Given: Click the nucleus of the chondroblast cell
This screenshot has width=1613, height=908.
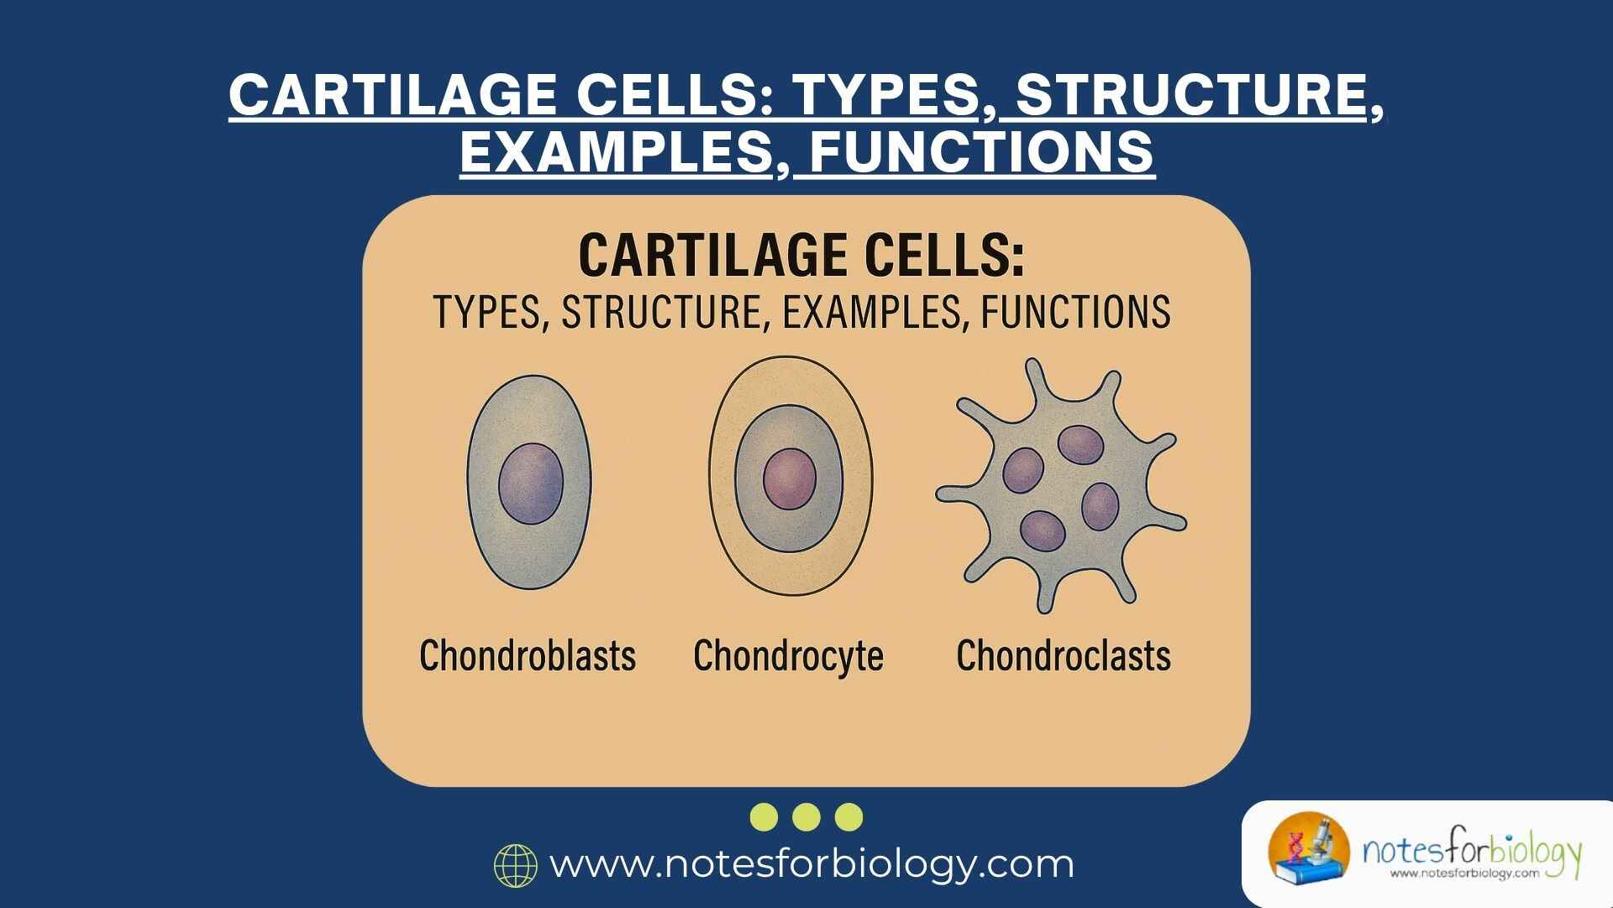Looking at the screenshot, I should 531,483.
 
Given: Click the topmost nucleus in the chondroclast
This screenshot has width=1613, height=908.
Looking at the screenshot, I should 1080,445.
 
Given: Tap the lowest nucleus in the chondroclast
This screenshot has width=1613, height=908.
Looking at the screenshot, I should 1043,531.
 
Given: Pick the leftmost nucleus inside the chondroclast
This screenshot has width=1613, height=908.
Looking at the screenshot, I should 1023,470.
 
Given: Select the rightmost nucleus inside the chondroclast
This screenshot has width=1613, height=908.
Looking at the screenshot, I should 1100,506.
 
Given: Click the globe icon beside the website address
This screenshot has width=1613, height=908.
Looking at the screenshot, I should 516,865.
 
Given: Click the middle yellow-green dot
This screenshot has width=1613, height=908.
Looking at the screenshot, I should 806,816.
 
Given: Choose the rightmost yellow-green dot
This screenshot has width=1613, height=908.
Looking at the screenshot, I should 849,816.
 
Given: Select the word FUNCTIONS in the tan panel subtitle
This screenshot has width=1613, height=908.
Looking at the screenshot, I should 1075,312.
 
